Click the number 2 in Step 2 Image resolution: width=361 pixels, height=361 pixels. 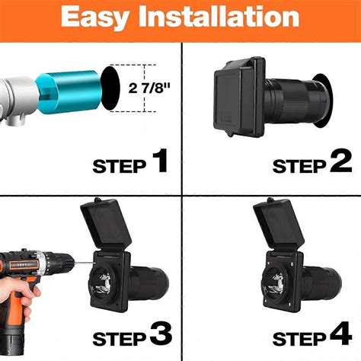(339, 161)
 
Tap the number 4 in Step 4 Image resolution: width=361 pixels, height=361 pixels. (339, 335)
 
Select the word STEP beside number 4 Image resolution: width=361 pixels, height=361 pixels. (299, 338)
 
